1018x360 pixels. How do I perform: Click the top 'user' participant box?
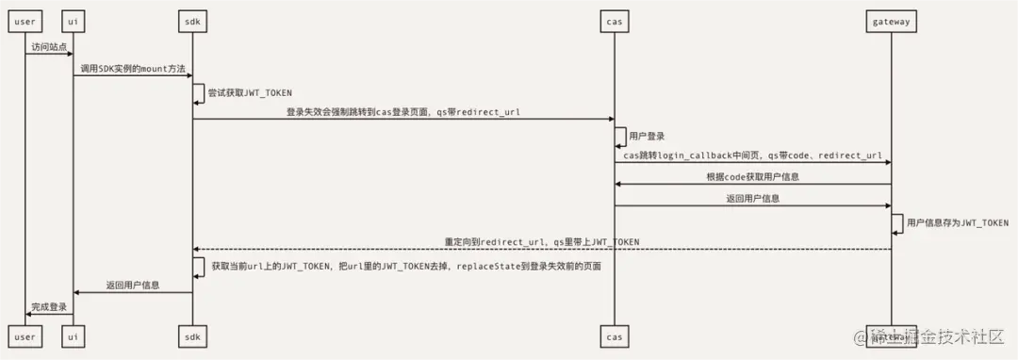[25, 20]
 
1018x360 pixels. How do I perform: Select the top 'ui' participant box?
[74, 20]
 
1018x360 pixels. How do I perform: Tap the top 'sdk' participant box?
[193, 20]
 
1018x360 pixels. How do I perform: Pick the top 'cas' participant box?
[614, 20]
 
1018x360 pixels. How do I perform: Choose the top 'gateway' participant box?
[891, 20]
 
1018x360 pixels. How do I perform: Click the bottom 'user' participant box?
[25, 335]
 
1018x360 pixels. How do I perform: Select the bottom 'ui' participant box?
[74, 335]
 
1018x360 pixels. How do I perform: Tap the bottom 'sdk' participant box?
[193, 335]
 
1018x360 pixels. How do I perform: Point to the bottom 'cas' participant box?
[614, 335]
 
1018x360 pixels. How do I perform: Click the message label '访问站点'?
[49, 46]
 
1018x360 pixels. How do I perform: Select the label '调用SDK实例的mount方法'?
[133, 69]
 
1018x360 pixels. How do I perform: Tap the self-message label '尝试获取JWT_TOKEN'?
[250, 92]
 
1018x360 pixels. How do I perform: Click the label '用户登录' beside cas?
[648, 137]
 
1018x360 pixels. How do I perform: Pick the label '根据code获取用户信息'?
[752, 176]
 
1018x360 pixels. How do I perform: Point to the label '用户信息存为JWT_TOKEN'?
[958, 222]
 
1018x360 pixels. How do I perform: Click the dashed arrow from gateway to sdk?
[542, 249]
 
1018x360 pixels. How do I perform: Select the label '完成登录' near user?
[49, 306]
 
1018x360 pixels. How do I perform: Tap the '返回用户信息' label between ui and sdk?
[133, 284]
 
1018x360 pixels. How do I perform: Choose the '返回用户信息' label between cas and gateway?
[752, 198]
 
